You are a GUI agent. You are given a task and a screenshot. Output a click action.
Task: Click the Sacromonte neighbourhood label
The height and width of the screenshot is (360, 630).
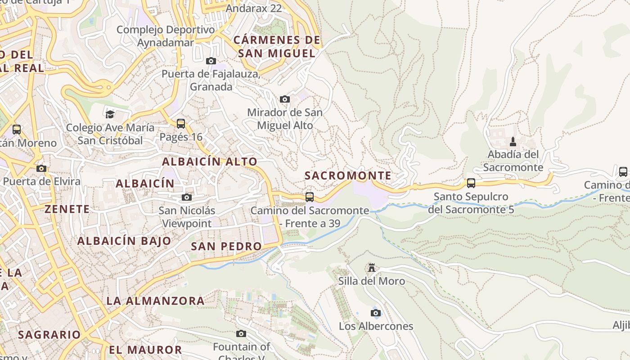tap(348, 175)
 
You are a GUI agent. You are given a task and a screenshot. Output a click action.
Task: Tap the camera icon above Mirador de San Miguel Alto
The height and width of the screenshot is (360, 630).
tap(284, 99)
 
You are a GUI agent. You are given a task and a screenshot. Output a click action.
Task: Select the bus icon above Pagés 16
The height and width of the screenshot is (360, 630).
tap(181, 123)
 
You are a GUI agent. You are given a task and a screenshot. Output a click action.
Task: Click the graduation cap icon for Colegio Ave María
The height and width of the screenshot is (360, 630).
tap(110, 114)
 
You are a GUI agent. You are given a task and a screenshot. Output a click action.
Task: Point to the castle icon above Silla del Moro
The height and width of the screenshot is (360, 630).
tap(372, 268)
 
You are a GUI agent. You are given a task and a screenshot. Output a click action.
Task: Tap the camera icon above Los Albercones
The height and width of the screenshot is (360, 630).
tap(375, 313)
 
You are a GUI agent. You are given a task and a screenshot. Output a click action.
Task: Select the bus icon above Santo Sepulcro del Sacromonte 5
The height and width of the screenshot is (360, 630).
tap(471, 183)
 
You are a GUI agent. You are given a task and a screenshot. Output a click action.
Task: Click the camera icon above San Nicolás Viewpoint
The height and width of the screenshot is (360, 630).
tap(187, 197)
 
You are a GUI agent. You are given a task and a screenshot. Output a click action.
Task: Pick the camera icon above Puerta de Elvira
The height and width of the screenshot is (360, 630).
tap(41, 168)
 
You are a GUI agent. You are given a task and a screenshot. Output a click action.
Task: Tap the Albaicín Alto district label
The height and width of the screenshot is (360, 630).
tap(210, 162)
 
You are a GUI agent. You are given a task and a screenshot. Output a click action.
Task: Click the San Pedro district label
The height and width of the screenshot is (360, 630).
tap(226, 246)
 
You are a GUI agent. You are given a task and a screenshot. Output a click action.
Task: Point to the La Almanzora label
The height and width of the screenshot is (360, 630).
tap(155, 301)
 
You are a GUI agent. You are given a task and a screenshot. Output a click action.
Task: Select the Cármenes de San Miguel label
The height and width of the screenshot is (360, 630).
tap(277, 46)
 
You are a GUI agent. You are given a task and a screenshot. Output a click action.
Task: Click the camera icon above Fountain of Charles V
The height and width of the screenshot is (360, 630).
tap(241, 333)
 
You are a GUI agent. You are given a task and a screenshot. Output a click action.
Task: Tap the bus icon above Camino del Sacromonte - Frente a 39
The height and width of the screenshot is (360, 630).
tap(310, 197)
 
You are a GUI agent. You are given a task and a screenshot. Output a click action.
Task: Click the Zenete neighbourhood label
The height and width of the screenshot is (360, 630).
tap(67, 209)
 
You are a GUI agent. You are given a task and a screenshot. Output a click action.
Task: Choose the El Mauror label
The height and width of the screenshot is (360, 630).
tap(145, 350)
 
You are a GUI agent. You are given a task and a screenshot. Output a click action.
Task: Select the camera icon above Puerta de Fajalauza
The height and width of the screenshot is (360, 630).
tap(211, 61)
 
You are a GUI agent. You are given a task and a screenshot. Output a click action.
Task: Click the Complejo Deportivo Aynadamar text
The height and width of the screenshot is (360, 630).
tap(166, 36)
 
